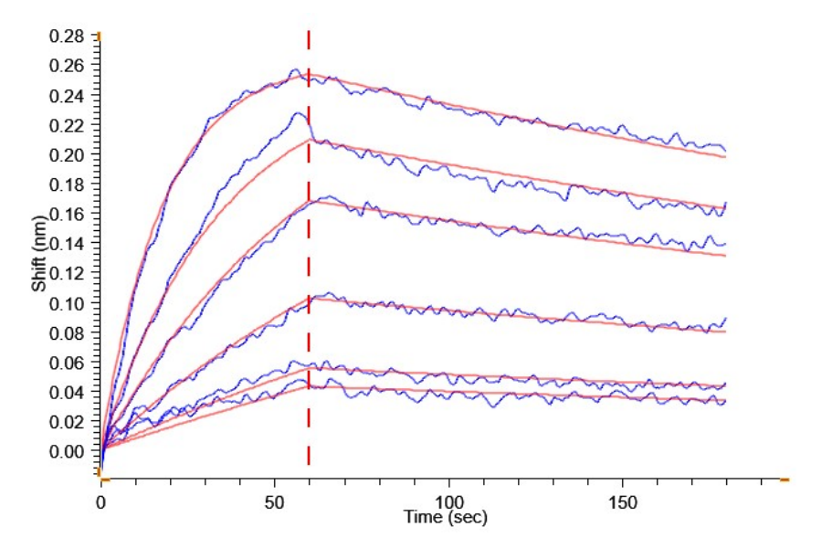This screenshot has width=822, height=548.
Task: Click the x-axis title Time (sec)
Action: pyautogui.click(x=446, y=518)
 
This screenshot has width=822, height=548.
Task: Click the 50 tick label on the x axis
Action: pyautogui.click(x=275, y=501)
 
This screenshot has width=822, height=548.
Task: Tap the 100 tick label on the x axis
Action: pyautogui.click(x=448, y=501)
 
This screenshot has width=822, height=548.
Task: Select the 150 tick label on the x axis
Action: pyautogui.click(x=622, y=501)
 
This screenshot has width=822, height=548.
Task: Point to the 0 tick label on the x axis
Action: pyautogui.click(x=101, y=501)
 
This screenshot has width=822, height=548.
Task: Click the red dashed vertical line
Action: pyautogui.click(x=309, y=274)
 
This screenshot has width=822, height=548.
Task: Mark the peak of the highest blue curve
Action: pyautogui.click(x=294, y=69)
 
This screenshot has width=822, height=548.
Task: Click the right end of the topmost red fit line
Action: pyautogui.click(x=724, y=157)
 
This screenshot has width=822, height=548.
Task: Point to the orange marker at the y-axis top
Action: pyautogui.click(x=99, y=36)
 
